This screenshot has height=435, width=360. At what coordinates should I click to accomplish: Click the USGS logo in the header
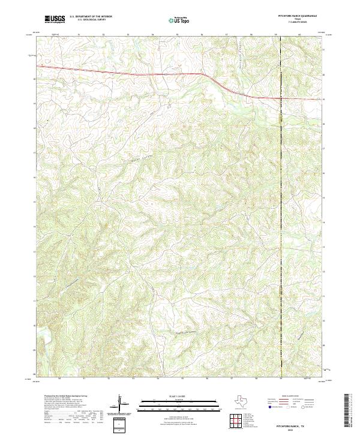coord(55,19)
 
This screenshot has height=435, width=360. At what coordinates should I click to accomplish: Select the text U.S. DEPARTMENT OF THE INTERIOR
coord(91,16)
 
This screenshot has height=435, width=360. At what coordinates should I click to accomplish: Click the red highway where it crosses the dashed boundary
coord(281,98)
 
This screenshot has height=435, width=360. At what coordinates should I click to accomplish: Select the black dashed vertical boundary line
coord(281,240)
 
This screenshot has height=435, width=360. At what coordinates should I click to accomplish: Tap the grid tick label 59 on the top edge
coord(275,35)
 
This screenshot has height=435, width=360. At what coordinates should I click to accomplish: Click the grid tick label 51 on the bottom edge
coord(84,379)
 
